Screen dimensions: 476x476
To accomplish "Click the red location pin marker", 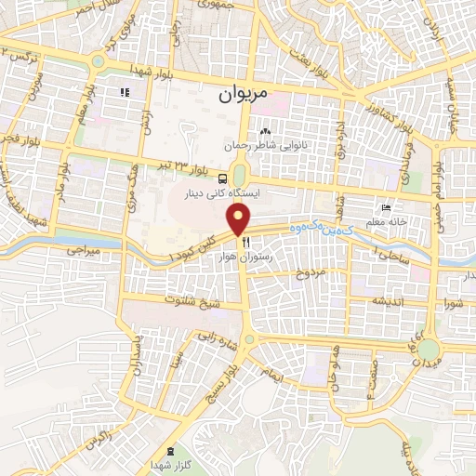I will coord(239,218).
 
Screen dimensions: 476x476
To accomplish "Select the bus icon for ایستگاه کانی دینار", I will coord(223,178).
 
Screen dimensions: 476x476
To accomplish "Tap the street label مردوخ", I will coord(311,273).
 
